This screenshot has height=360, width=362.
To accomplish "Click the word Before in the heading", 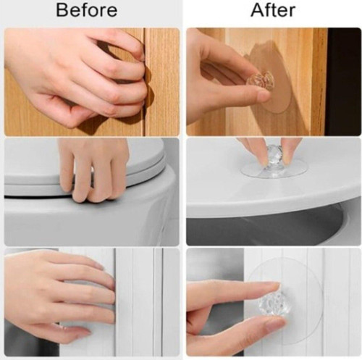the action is coord(87,10).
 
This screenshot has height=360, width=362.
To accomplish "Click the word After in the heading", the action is coord(273,10).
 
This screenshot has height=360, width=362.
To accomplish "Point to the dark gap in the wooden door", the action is coord(145,82).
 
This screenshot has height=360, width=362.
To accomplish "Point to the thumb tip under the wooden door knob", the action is coord(262,96).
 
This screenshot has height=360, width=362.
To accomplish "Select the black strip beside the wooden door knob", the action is coord(343,82).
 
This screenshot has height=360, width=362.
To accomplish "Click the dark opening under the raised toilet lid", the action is coord(266,227).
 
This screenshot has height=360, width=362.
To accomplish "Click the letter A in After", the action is coord(257,10).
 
